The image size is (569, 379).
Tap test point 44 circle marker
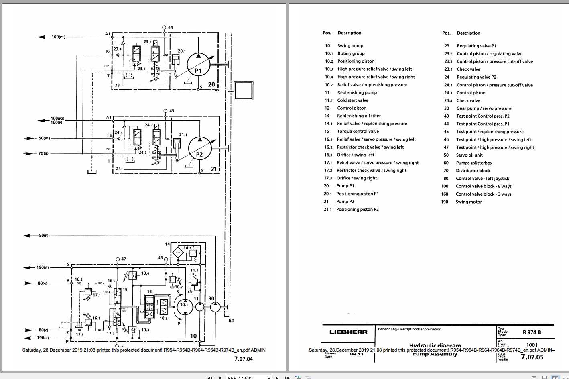click(164, 27)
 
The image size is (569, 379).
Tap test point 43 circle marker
click(165, 110)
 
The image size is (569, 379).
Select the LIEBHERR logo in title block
click(348, 332)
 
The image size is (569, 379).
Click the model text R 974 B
click(532, 332)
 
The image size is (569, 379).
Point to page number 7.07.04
click(244, 359)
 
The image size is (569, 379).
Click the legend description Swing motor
click(468, 202)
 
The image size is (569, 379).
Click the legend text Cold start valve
click(352, 100)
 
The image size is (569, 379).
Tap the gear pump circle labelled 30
click(215, 307)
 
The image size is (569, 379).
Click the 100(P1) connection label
click(58, 37)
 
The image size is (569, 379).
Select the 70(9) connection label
click(43, 153)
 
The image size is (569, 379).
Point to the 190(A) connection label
click(43, 267)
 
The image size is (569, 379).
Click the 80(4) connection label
click(43, 283)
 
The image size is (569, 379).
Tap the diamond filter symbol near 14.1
click(178, 253)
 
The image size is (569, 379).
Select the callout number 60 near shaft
click(231, 320)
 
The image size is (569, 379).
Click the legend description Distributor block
click(473, 171)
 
